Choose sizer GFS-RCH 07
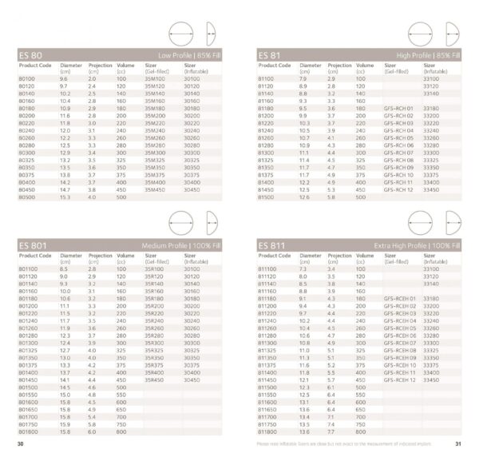pos(398,152)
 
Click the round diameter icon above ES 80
pos(182,34)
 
